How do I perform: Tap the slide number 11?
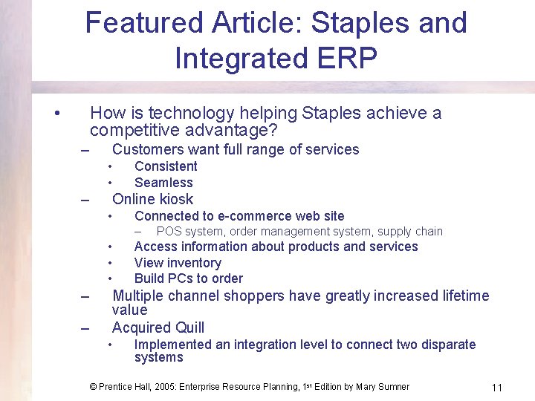(497, 388)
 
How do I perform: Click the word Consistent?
(166, 166)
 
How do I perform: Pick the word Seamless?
(163, 183)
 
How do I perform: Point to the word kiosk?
(175, 199)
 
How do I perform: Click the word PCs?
(180, 278)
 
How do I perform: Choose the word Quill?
(189, 327)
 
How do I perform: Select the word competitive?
(130, 131)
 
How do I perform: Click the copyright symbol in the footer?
(93, 387)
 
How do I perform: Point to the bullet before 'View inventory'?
(108, 263)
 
